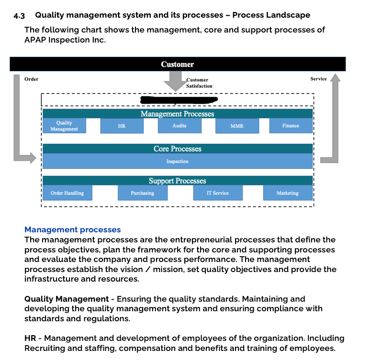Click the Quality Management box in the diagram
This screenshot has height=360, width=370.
click(64, 126)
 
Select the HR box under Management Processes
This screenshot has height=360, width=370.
click(122, 126)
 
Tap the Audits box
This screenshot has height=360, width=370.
click(179, 126)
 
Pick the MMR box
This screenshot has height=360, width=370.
click(237, 126)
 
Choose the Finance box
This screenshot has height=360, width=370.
click(291, 126)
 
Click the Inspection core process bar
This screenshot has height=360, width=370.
click(178, 162)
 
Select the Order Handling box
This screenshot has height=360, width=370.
click(67, 193)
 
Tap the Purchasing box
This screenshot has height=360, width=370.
click(143, 193)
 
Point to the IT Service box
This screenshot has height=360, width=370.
click(218, 193)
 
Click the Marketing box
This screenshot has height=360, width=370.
click(288, 193)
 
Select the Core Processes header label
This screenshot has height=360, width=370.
click(178, 149)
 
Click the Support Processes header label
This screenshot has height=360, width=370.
click(178, 181)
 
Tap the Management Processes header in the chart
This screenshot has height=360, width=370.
click(178, 114)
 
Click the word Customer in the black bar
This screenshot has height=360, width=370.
click(178, 64)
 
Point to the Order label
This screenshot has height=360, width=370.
click(32, 79)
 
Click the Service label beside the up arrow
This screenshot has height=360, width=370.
click(318, 79)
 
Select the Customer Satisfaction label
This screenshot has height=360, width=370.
click(199, 83)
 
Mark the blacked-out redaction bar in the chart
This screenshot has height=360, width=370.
click(178, 99)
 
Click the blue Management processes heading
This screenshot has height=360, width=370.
click(72, 230)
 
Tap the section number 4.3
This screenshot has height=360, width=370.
click(19, 15)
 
